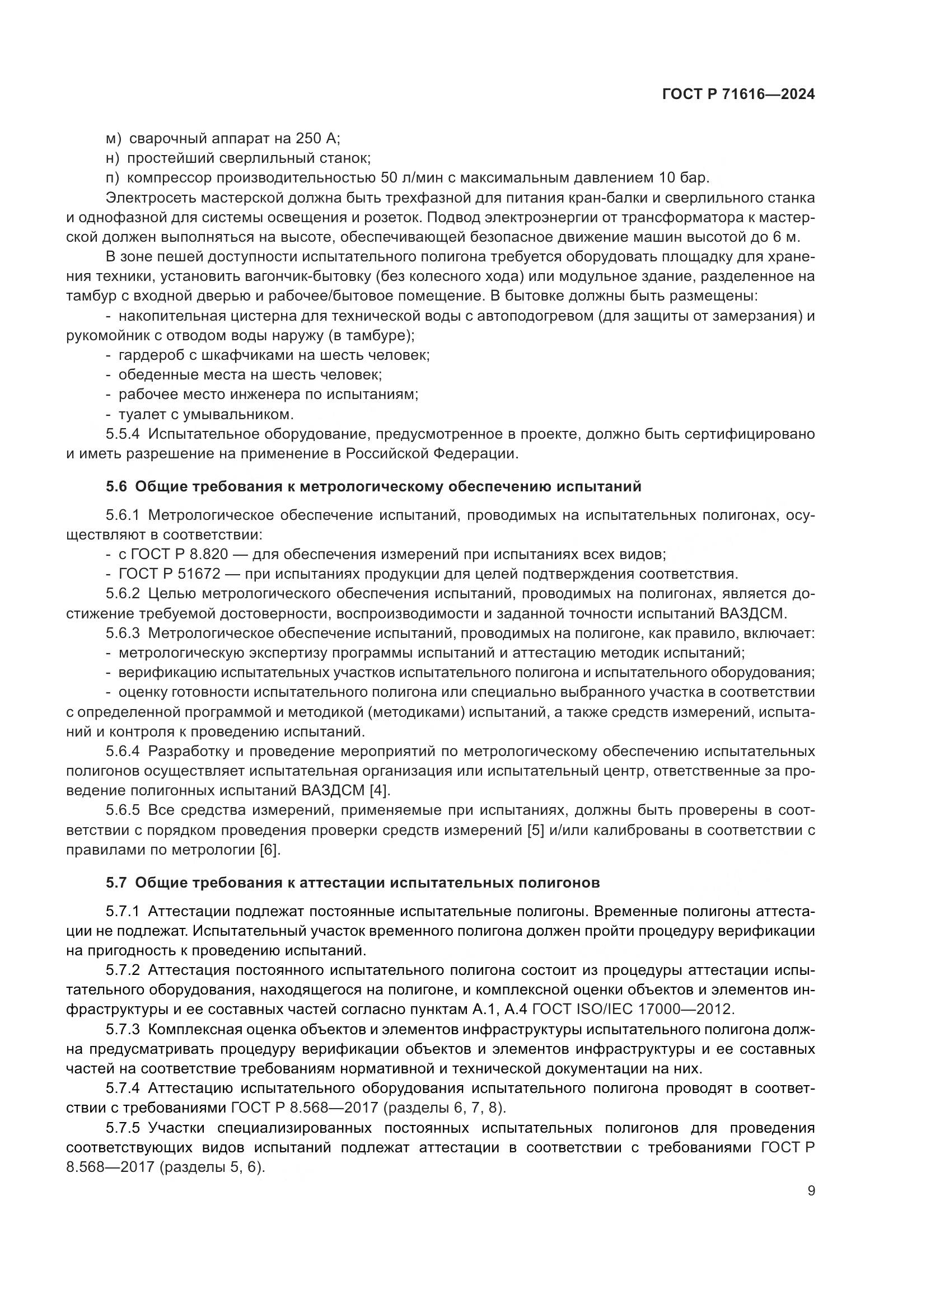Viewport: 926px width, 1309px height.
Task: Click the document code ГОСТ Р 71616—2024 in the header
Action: click(x=738, y=95)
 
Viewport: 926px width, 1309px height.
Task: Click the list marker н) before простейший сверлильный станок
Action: click(x=113, y=158)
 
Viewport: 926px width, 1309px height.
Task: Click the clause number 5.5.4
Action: click(x=123, y=434)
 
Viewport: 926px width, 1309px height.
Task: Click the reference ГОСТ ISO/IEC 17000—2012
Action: click(x=632, y=1008)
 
